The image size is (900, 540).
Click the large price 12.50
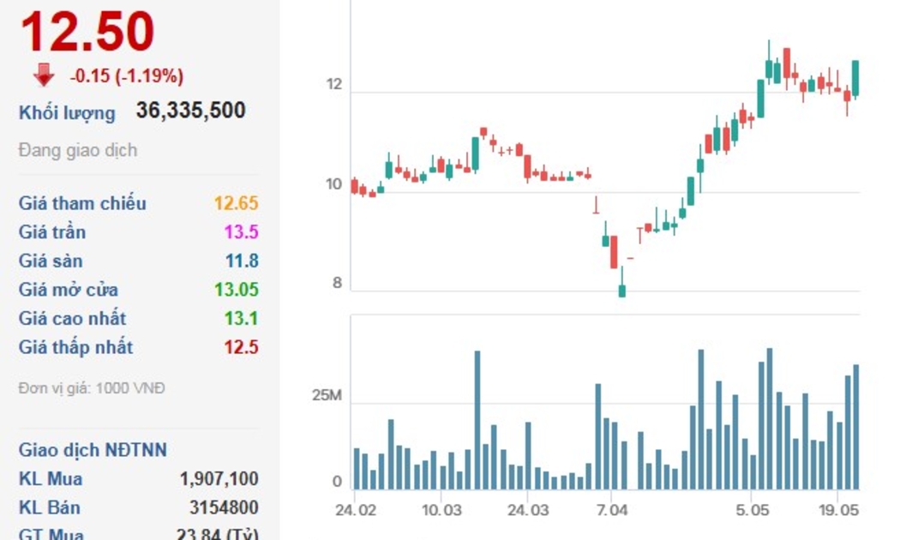87,33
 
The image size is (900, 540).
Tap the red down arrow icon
44,75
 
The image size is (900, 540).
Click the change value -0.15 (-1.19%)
126,76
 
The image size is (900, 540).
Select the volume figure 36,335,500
190,111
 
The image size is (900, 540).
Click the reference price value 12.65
236,203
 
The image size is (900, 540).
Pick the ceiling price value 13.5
241,232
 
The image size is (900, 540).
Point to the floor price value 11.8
241,261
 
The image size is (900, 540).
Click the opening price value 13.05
236,290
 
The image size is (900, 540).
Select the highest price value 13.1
241,319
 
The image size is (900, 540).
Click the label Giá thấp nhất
75,347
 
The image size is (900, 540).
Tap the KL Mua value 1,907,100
219,479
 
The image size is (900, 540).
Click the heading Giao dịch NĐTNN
93,450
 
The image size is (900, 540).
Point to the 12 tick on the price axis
333,85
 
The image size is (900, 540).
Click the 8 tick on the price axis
337,284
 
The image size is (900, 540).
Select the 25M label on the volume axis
327,396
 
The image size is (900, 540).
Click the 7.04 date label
612,510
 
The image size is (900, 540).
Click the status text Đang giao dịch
77,150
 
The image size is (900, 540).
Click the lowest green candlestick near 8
621,290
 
